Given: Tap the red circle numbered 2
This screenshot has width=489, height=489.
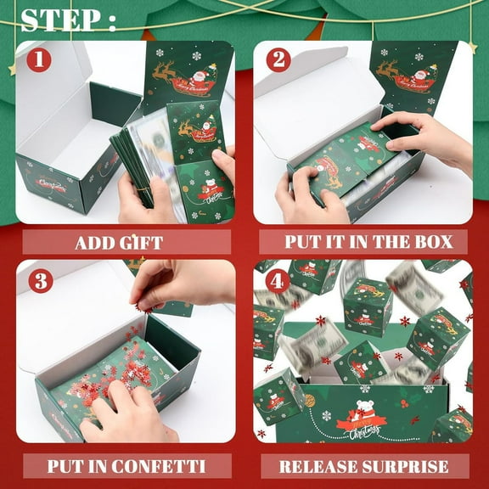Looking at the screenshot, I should point(278,60).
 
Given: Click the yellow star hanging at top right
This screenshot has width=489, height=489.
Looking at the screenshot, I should point(471,47).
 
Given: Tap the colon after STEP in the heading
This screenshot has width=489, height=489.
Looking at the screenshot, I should point(110,22).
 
